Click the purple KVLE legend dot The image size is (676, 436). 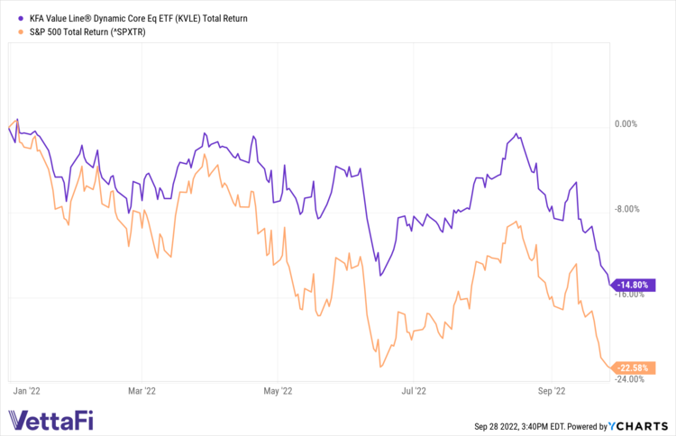pyautogui.click(x=21, y=17)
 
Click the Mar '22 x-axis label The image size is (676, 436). pyautogui.click(x=141, y=391)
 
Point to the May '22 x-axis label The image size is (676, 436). pyautogui.click(x=278, y=391)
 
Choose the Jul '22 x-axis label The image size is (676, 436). pyautogui.click(x=413, y=391)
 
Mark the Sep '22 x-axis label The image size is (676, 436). pyautogui.click(x=550, y=391)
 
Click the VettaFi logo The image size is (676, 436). pyautogui.click(x=50, y=420)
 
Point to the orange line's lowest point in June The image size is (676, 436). pyautogui.click(x=380, y=367)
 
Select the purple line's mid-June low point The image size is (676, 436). pyautogui.click(x=379, y=275)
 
